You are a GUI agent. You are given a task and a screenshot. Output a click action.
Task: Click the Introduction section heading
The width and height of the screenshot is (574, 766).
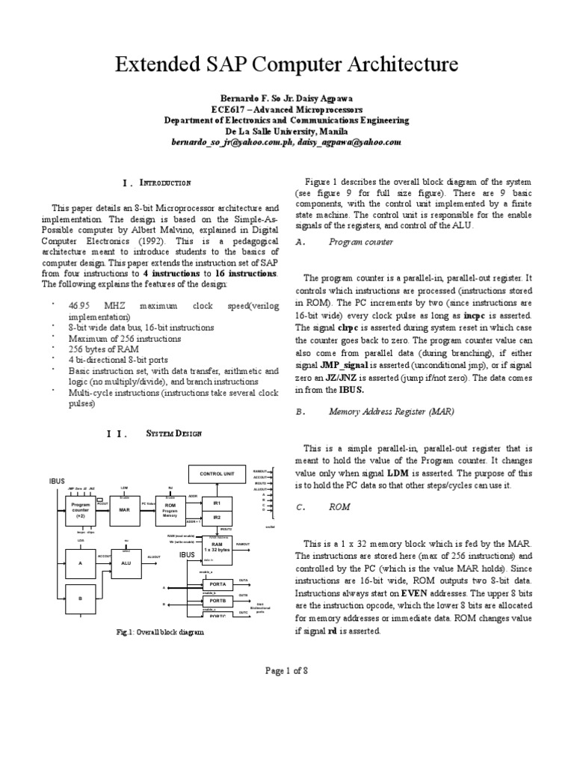165,183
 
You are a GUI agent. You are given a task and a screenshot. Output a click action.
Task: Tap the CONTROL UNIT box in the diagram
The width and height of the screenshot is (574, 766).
217,474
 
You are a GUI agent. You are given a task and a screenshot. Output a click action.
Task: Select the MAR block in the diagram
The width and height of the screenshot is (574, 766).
124,509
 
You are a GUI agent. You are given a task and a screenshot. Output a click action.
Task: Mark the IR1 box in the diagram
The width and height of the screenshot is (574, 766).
217,504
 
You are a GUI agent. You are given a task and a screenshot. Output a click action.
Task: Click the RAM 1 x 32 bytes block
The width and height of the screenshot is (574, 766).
217,551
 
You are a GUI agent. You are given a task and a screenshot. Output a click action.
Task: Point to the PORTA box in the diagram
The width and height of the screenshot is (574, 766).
217,583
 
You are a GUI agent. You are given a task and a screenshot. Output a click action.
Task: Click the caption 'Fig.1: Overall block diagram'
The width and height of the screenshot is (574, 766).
160,632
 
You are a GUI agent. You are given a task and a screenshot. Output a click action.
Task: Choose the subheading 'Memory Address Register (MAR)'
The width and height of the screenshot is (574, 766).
391,411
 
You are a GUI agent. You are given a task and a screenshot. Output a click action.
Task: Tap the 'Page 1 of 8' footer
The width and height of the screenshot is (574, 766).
287,670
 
